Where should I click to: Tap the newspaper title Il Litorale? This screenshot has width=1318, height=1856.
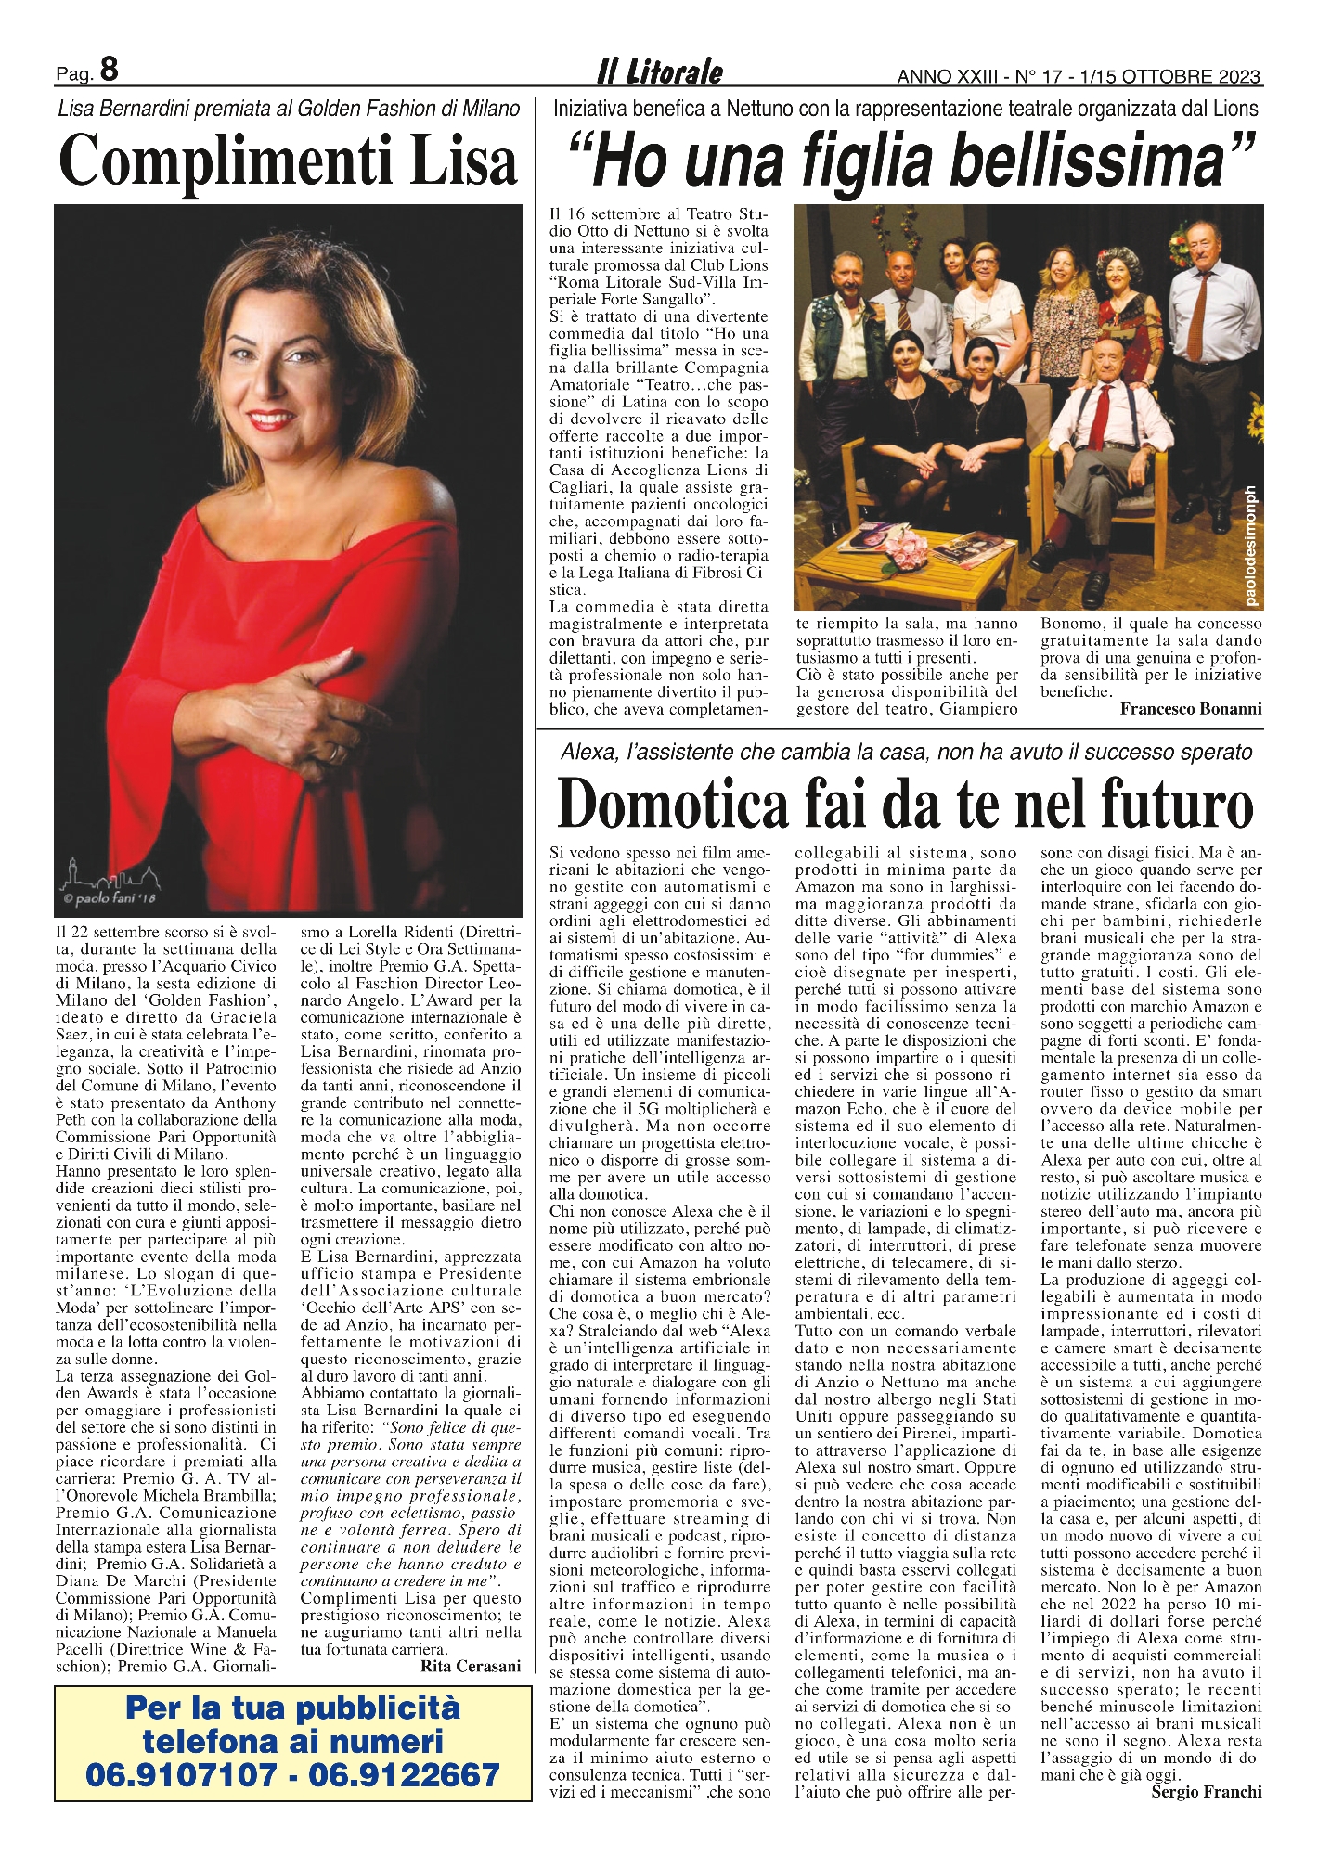[x=659, y=71]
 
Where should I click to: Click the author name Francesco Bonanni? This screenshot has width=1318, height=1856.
[x=1191, y=709]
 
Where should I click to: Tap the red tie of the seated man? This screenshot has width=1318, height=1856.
[x=1102, y=416]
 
